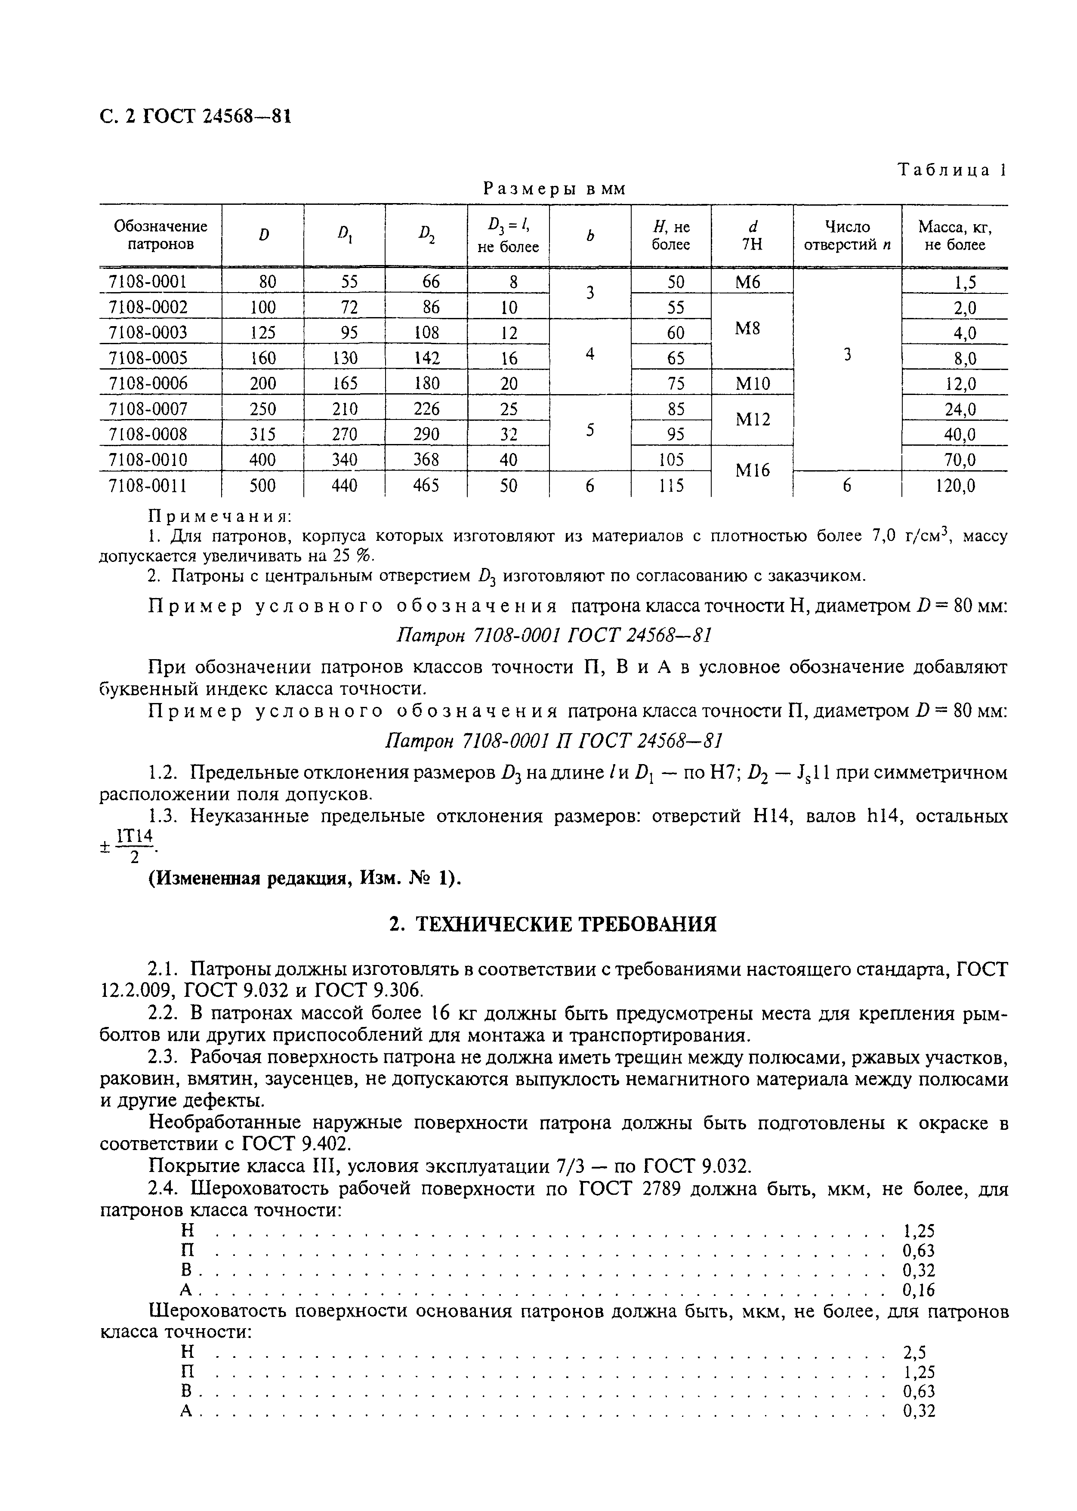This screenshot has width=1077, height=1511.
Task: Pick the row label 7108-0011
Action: (x=148, y=486)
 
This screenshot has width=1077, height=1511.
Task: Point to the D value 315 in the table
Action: (x=262, y=434)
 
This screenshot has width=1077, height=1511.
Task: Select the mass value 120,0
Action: (x=955, y=486)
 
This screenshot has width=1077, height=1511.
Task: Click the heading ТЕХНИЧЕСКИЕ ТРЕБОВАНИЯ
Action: (x=552, y=924)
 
